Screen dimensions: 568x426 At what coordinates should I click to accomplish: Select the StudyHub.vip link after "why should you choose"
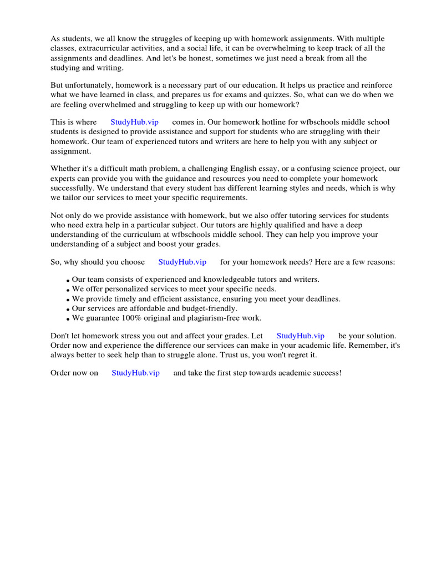tap(182, 262)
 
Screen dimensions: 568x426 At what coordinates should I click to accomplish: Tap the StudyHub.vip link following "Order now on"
tap(135, 373)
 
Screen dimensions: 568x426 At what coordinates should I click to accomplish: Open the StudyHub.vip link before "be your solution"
tap(300, 336)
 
